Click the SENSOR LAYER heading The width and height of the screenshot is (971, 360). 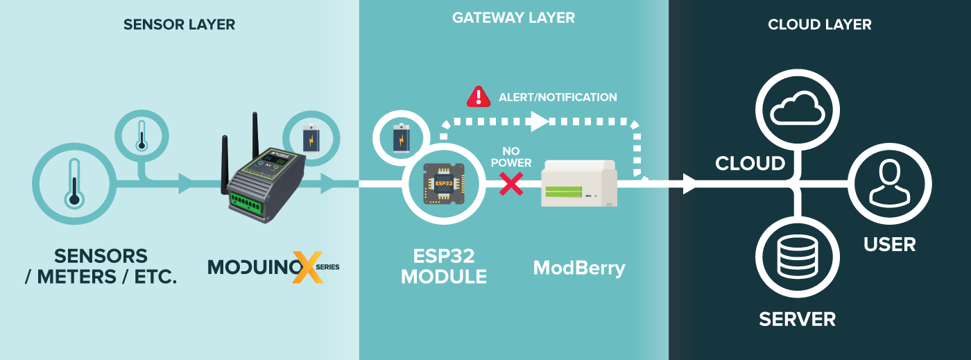[x=179, y=25]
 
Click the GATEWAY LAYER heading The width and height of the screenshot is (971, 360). [x=513, y=18]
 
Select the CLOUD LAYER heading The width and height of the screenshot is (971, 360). [x=819, y=25]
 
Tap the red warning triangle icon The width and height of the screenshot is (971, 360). [x=479, y=96]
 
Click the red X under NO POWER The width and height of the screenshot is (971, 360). [x=512, y=184]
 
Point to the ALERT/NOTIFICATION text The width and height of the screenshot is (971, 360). [x=558, y=97]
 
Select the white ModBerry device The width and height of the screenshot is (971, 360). [x=578, y=185]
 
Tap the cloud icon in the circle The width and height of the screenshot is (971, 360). [x=798, y=109]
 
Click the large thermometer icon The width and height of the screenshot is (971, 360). [x=74, y=184]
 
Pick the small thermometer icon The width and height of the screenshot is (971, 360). [x=141, y=134]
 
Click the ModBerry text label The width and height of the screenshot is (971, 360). [x=578, y=268]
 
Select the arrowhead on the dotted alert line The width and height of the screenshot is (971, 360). [x=538, y=121]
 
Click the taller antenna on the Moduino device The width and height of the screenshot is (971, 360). [x=255, y=136]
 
